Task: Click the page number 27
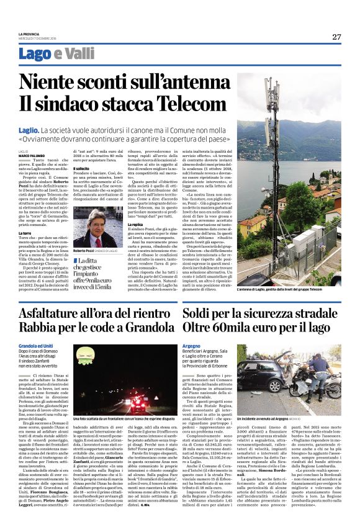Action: [336, 37]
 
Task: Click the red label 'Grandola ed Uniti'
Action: [35, 345]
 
